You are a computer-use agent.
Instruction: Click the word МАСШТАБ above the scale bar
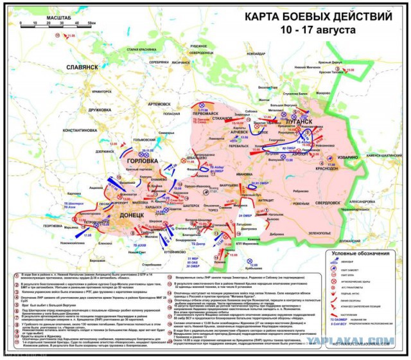point(40,15)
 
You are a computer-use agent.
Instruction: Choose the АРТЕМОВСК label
point(158,104)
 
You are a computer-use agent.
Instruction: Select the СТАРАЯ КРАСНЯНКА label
point(141,50)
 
